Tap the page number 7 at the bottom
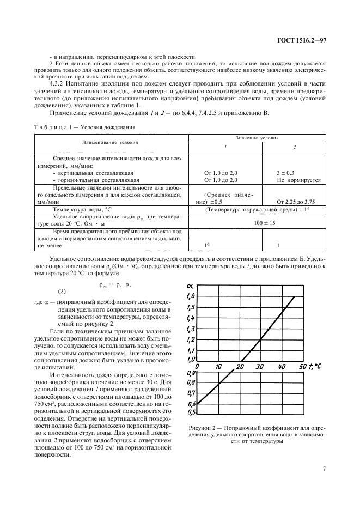pyautogui.click(x=324, y=467)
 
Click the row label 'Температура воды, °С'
pyautogui.click(x=81, y=209)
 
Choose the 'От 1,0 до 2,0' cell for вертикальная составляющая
pyautogui.click(x=221, y=172)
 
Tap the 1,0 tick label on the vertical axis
pyautogui.click(x=191, y=360)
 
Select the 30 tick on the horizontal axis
pyautogui.click(x=260, y=367)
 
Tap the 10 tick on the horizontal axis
pyautogui.click(x=218, y=367)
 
